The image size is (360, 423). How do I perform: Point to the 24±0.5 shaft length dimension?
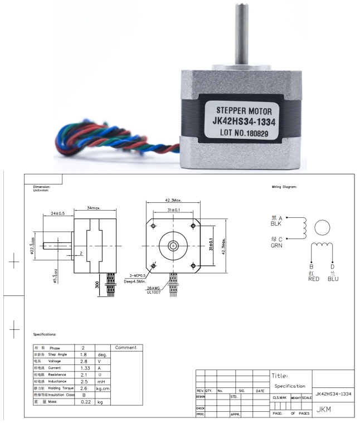point(57,213)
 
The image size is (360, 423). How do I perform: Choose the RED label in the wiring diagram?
point(314,279)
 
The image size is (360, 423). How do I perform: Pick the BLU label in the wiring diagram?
point(333,279)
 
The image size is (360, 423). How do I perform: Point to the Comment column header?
point(125,347)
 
